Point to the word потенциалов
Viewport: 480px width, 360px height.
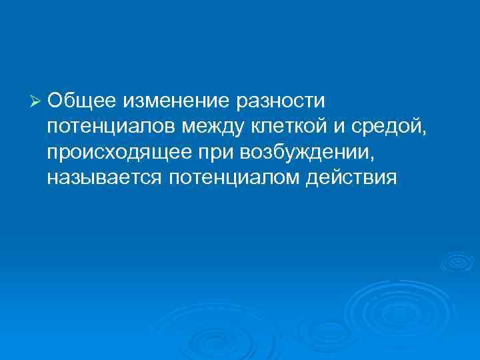(113, 127)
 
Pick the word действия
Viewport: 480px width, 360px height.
(357, 179)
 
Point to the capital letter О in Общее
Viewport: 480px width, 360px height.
(55, 101)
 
